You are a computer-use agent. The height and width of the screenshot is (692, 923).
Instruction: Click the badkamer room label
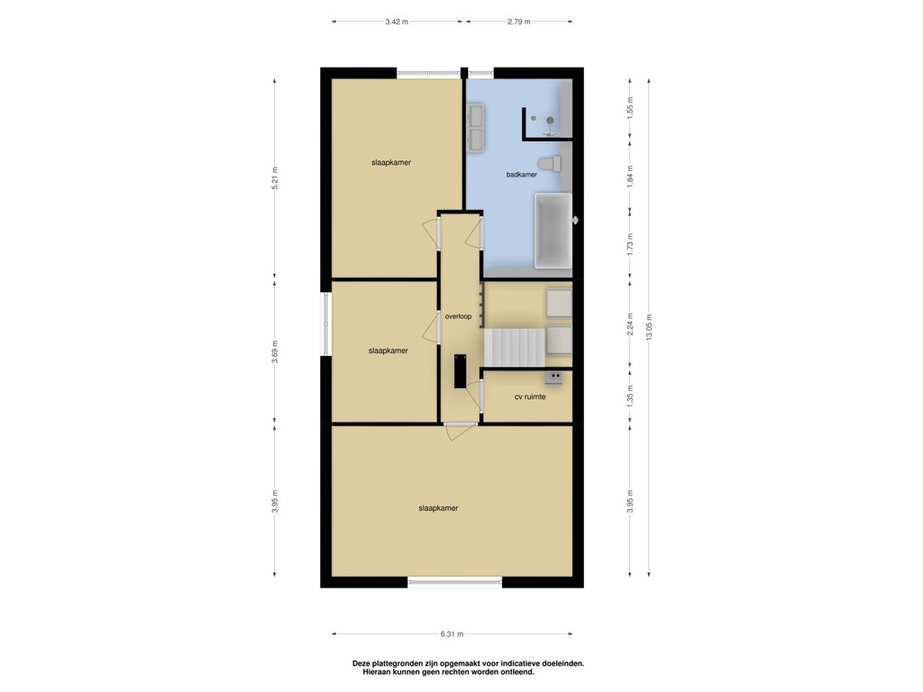(522, 175)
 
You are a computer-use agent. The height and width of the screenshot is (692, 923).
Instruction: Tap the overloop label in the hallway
(458, 316)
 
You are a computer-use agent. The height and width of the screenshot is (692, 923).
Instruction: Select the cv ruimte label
(530, 397)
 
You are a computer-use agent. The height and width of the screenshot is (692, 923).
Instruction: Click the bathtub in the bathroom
(553, 231)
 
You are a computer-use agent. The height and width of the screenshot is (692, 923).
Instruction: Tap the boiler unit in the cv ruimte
(553, 378)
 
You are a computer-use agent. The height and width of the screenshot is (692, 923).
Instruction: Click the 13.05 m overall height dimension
(649, 327)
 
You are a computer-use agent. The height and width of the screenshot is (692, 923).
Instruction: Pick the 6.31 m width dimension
(452, 634)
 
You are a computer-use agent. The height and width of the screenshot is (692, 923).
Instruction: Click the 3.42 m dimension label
(397, 22)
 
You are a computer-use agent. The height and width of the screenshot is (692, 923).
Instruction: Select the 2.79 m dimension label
(519, 22)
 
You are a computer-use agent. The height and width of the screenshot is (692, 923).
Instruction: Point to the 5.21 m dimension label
(275, 178)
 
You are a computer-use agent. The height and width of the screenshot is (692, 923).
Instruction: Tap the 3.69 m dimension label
(275, 352)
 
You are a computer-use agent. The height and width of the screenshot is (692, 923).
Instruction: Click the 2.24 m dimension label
(630, 324)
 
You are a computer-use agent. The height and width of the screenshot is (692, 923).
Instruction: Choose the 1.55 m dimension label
(630, 108)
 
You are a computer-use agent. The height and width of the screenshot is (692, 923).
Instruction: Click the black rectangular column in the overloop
(460, 370)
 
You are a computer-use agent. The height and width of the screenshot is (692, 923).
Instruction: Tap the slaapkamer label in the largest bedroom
(439, 508)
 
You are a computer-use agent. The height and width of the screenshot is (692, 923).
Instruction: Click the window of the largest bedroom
(455, 583)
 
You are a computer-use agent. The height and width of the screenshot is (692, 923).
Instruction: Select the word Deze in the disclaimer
(361, 663)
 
